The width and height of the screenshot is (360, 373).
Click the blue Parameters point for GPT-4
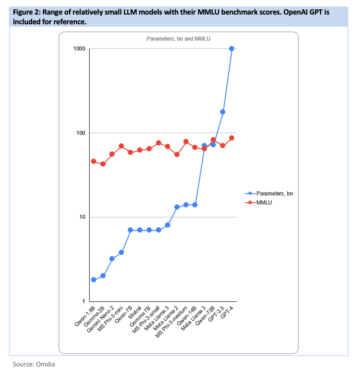pos(232,49)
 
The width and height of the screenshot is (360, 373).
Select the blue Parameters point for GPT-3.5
pos(223,112)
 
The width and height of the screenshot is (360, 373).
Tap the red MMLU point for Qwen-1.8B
pos(93,161)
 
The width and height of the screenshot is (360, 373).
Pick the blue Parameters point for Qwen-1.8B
pos(93,280)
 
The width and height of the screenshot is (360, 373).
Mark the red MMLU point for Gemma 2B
pos(103,164)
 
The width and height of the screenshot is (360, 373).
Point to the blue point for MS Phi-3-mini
pos(121,252)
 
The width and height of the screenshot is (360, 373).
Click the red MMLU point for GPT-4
pos(232,138)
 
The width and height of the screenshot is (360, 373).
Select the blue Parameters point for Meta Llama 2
pos(177,207)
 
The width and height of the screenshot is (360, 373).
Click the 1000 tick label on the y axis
pos(79,49)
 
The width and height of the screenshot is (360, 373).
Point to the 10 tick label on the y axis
pos(82,217)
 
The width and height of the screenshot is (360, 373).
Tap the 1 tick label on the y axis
pos(83,301)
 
